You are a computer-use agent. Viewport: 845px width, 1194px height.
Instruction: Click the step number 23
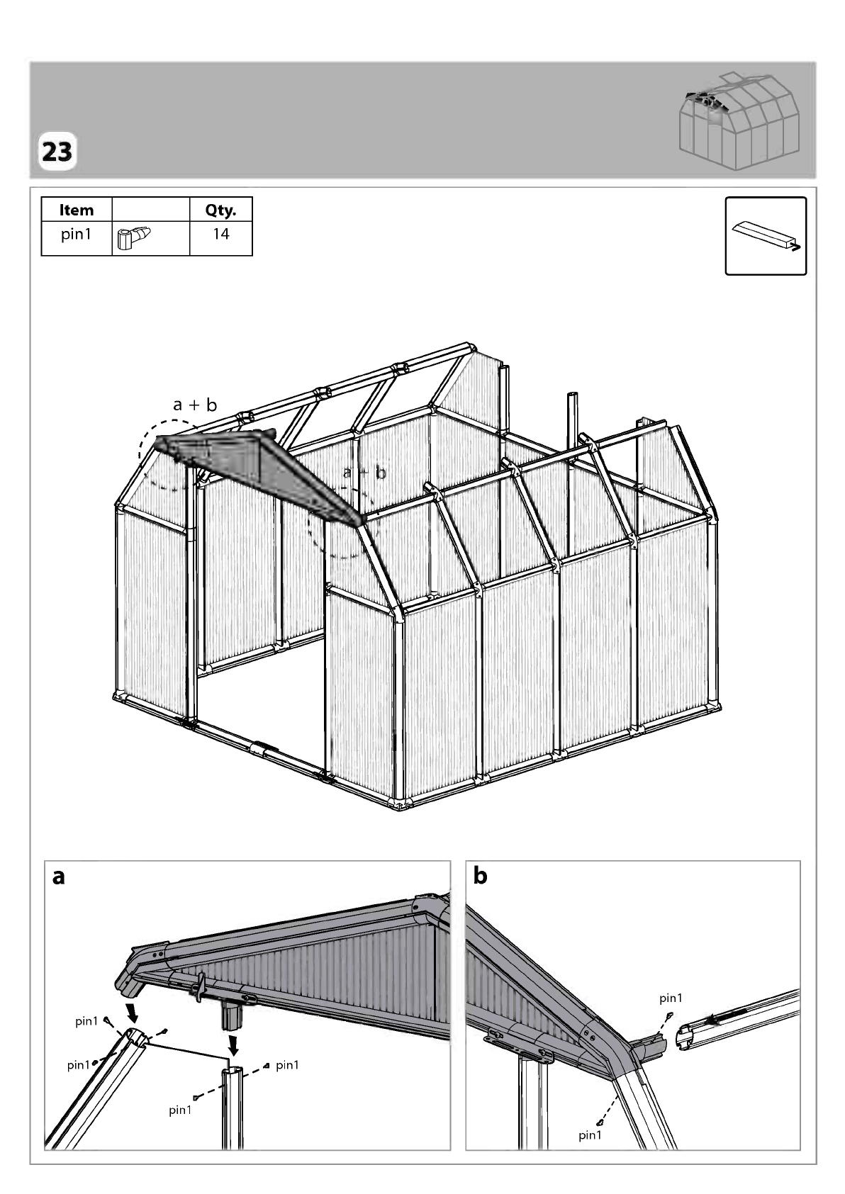click(57, 152)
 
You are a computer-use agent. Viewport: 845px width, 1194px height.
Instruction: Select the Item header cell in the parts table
click(77, 210)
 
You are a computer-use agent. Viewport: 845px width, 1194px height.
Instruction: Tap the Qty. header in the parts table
click(220, 210)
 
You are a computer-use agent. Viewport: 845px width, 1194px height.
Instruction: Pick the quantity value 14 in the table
click(220, 234)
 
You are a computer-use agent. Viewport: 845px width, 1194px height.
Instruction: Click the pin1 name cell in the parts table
click(76, 235)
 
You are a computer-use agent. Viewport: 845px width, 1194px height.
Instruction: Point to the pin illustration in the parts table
click(134, 237)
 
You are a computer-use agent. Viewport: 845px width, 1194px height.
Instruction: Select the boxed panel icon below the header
click(766, 236)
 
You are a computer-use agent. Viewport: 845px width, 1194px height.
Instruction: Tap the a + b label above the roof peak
click(195, 405)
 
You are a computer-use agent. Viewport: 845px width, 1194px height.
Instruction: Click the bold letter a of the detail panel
click(59, 877)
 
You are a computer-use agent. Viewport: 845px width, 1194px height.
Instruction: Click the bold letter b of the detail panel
click(480, 875)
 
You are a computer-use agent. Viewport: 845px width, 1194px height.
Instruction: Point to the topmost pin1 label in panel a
click(86, 1021)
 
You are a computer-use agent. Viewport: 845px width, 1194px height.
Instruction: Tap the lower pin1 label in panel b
click(591, 1135)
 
